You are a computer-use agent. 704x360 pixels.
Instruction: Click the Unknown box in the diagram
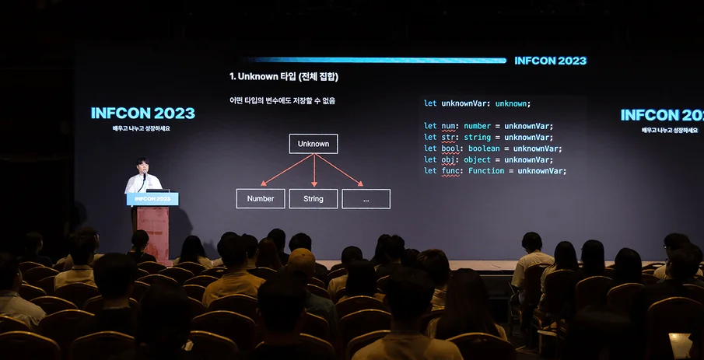[313, 144]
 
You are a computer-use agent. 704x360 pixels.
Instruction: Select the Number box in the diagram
[261, 198]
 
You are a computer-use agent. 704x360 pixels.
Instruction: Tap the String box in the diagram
[313, 198]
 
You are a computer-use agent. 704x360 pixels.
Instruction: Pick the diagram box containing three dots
[366, 198]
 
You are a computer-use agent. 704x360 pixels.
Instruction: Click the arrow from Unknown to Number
[287, 170]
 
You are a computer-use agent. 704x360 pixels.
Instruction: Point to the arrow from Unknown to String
[313, 170]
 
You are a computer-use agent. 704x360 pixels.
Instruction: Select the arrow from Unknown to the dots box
[339, 170]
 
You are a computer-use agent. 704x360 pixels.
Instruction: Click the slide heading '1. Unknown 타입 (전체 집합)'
[284, 77]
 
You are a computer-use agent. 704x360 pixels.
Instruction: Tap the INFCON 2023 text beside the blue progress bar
[551, 61]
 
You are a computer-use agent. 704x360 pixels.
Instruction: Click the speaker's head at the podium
[143, 164]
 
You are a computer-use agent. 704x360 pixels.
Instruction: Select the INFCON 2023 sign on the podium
[152, 199]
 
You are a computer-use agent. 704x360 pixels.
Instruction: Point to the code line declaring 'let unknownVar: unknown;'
[478, 103]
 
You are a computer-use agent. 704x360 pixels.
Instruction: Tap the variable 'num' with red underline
[448, 127]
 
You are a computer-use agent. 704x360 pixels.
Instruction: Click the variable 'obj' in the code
[448, 160]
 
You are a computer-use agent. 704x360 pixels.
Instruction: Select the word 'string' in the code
[478, 138]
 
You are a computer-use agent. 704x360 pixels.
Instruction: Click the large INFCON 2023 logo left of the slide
[143, 113]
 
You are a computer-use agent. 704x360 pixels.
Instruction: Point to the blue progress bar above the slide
[377, 60]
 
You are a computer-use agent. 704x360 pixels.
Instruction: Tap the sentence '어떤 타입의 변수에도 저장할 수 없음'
[282, 101]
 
